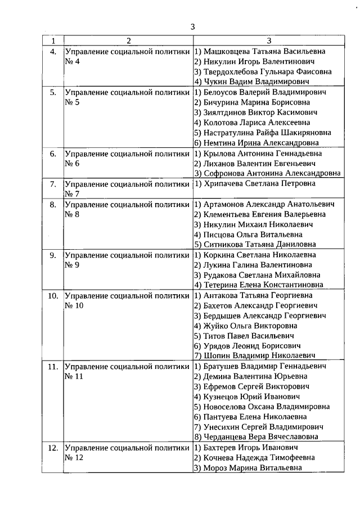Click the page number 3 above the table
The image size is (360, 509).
pos(192,26)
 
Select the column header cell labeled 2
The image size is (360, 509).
pos(128,40)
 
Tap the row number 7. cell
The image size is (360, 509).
pos(53,184)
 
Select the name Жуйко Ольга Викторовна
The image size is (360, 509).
pos(254,326)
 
